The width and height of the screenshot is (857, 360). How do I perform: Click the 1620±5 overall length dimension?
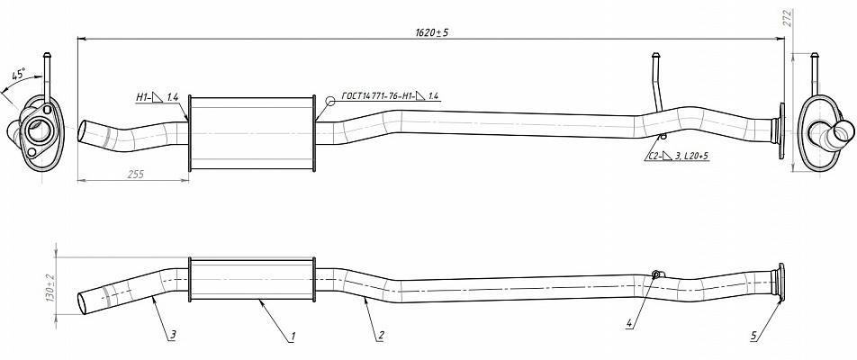[432, 32]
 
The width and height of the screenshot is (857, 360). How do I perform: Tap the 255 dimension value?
[136, 175]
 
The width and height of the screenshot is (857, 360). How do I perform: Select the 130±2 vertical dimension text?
[51, 288]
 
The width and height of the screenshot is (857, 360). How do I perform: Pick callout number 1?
[293, 337]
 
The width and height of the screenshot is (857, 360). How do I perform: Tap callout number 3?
[173, 335]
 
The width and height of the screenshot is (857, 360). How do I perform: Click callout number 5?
[753, 336]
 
